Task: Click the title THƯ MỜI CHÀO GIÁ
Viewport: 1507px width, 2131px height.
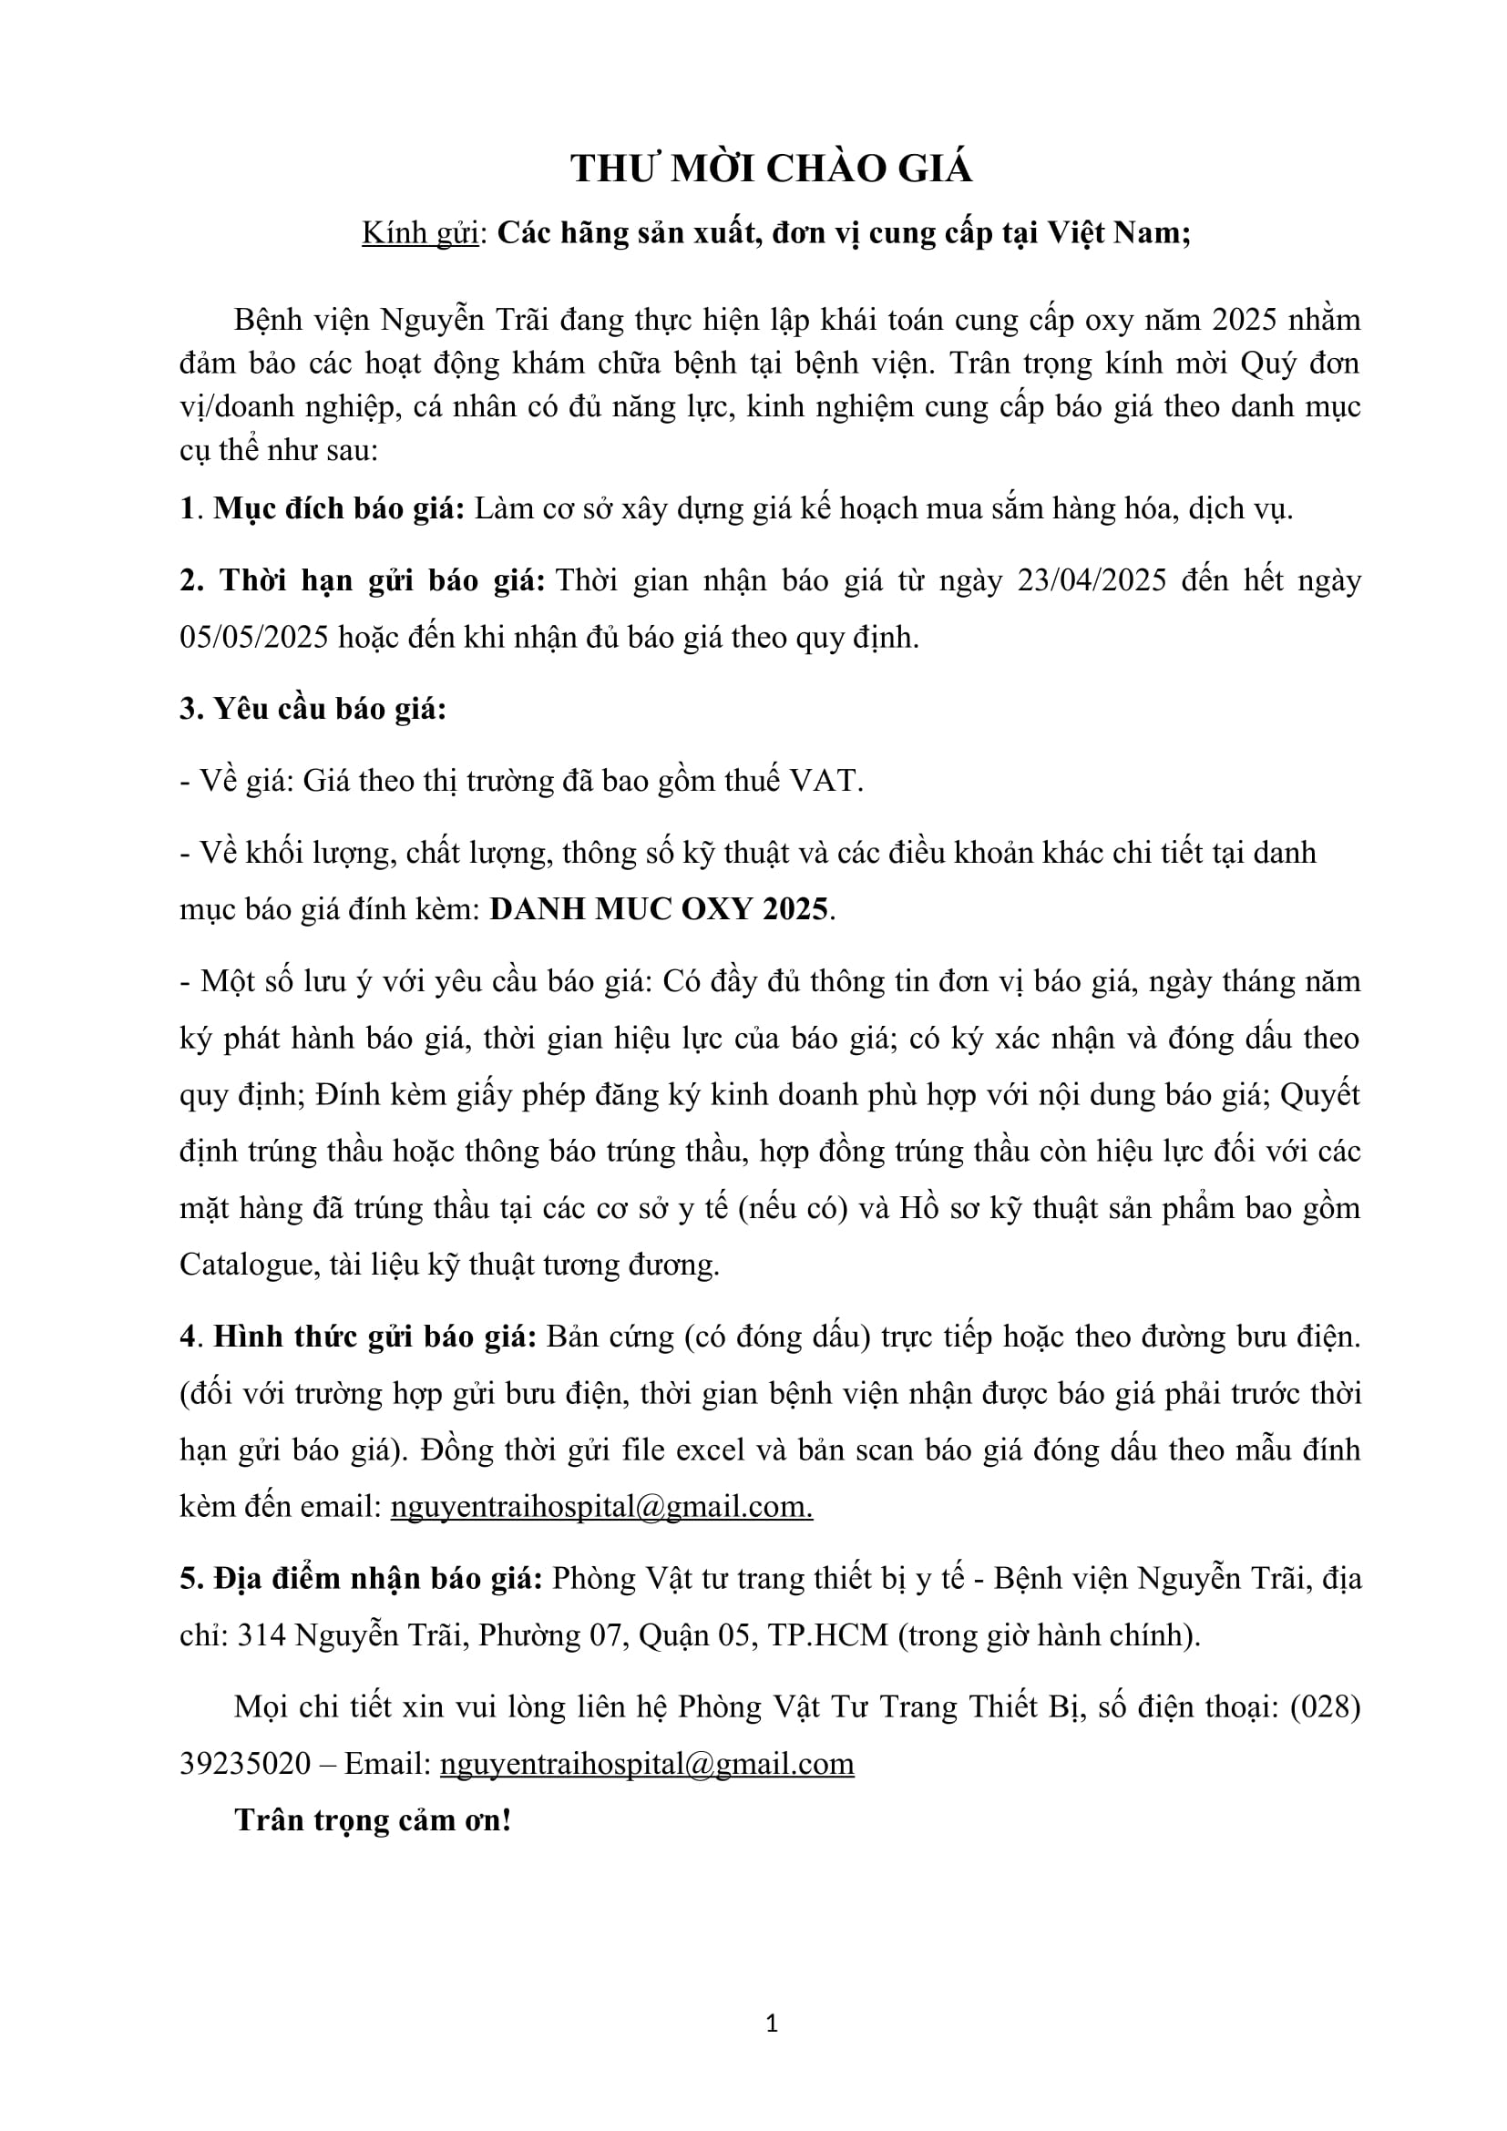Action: tap(771, 169)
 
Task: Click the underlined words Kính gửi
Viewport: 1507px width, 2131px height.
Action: tap(419, 233)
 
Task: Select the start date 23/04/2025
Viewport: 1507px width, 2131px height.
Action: tap(1092, 580)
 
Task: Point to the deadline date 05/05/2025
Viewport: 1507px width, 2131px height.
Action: tap(253, 638)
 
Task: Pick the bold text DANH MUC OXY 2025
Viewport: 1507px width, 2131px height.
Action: tap(658, 908)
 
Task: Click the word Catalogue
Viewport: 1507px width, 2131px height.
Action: tap(246, 1265)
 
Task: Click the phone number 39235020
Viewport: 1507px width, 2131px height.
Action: tap(245, 1764)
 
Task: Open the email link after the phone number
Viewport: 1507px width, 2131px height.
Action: tap(647, 1764)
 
